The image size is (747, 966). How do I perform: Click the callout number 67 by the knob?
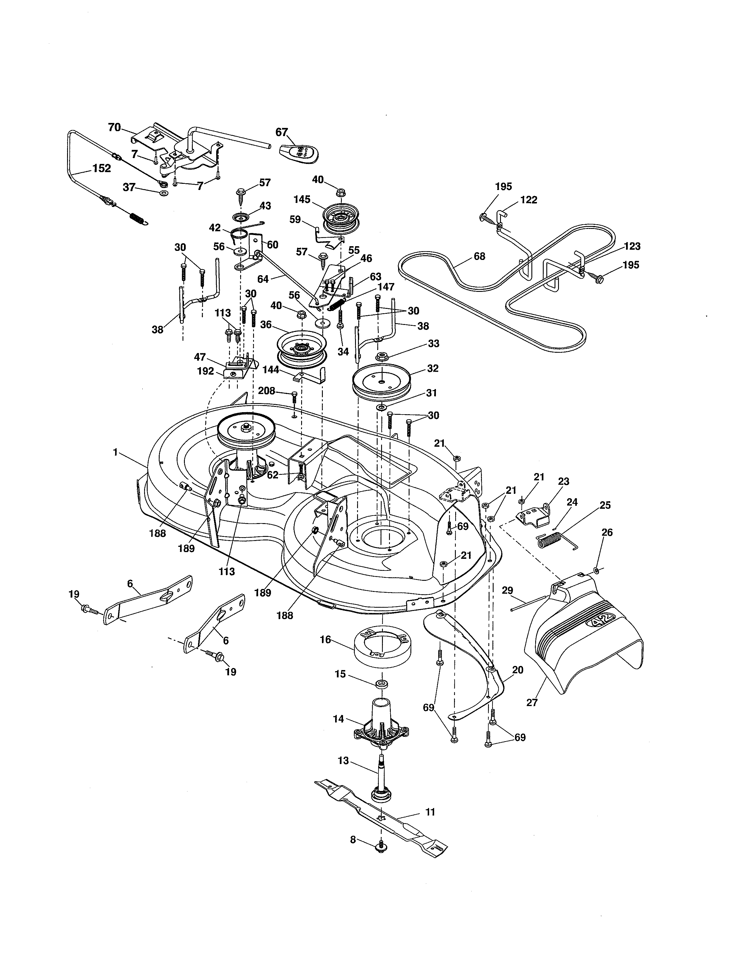click(282, 132)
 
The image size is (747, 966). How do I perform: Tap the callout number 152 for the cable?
click(101, 169)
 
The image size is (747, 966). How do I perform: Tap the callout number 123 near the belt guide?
click(632, 246)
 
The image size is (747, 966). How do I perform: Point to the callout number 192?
click(205, 371)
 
